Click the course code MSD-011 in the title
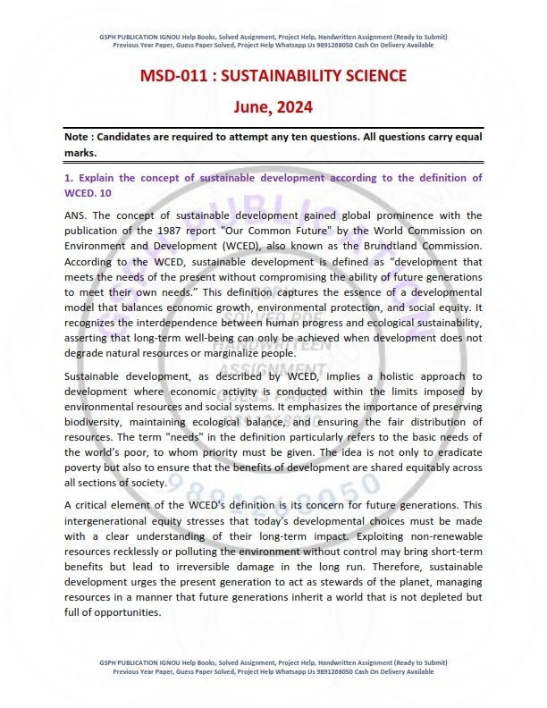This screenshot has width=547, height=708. click(176, 75)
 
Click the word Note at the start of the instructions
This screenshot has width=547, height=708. click(79, 138)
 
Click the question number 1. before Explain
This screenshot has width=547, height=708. click(69, 179)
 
